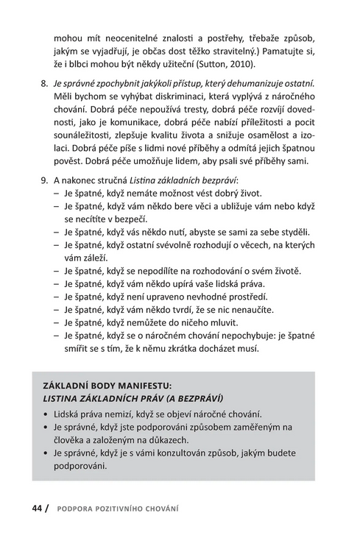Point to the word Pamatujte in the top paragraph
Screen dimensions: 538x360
(x=287, y=50)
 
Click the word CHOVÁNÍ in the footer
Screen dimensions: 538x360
(x=161, y=509)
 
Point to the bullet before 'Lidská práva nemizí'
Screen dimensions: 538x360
(x=47, y=414)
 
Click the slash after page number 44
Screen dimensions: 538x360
(x=49, y=508)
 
